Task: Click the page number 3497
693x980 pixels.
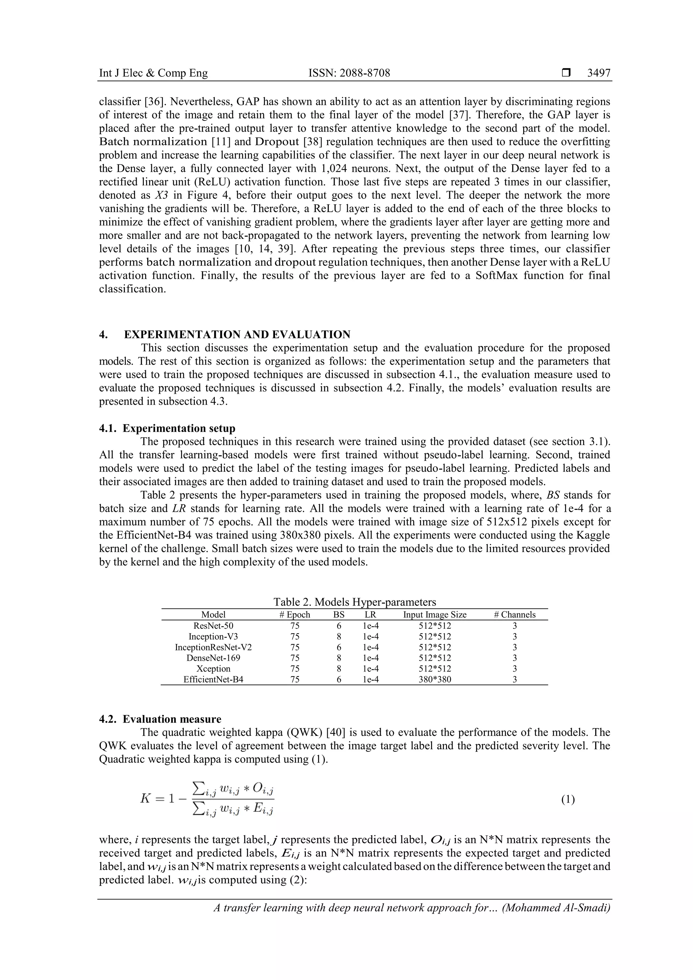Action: click(x=598, y=73)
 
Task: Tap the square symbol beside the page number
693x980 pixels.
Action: click(x=566, y=73)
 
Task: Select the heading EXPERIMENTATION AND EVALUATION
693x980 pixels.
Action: click(x=237, y=334)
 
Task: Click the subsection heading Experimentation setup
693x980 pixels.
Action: click(x=179, y=428)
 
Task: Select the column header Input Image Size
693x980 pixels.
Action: click(x=435, y=615)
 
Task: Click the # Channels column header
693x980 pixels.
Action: click(x=515, y=615)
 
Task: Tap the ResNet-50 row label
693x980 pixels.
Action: click(x=213, y=626)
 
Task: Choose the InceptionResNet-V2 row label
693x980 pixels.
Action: click(x=213, y=647)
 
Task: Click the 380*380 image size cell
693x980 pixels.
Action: click(x=435, y=679)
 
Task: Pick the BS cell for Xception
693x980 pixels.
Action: click(x=339, y=668)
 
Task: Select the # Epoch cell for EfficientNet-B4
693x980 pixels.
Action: click(x=295, y=679)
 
